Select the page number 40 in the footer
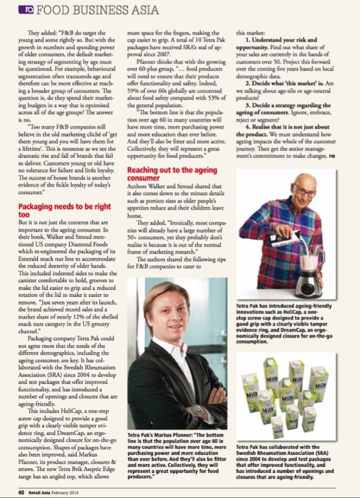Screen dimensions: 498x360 pyautogui.click(x=20, y=492)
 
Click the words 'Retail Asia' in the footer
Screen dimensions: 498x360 pyautogui.click(x=42, y=492)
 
